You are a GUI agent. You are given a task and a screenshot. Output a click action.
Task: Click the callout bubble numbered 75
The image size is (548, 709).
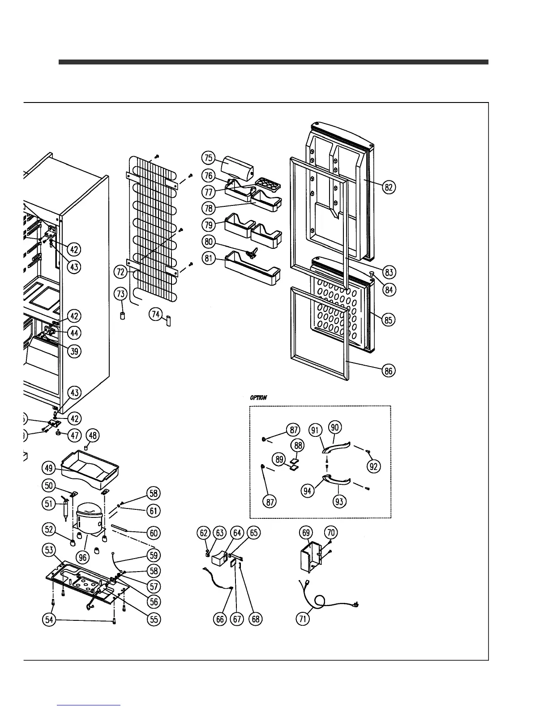208,158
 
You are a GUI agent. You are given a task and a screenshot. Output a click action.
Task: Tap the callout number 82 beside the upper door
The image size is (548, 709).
389,187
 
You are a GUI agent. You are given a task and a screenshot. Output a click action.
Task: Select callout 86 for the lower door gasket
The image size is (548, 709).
389,371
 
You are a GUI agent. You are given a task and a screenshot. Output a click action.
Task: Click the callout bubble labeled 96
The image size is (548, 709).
82,557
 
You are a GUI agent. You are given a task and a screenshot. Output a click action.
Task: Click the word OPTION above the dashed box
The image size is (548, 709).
259,397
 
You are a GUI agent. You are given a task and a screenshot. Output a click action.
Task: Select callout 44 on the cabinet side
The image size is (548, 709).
74,333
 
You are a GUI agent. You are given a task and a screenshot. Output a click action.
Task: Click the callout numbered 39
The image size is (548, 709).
74,351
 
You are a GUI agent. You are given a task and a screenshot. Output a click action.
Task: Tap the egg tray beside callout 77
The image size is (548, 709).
268,183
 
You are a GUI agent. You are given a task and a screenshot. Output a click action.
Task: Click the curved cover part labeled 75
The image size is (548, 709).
236,167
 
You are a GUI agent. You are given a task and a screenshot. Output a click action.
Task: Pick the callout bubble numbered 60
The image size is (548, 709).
154,533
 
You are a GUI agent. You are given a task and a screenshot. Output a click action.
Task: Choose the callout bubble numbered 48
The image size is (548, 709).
93,435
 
